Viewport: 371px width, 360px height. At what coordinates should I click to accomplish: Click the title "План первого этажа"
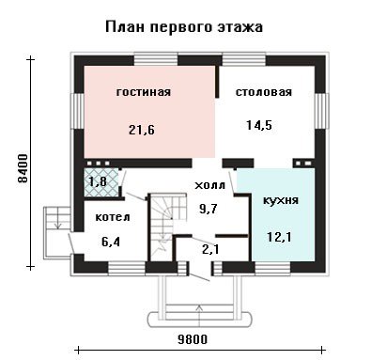(184, 26)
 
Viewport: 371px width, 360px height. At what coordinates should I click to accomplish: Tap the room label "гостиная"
(144, 92)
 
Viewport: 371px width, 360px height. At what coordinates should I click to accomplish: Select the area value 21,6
(142, 129)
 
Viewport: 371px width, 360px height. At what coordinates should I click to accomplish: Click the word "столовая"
(264, 92)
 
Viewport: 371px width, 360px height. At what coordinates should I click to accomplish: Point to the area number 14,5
(259, 125)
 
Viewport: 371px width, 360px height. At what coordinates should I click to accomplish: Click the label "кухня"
(281, 200)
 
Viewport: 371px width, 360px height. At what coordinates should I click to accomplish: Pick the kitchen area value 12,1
(279, 237)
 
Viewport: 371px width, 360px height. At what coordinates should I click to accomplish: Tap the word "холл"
(209, 185)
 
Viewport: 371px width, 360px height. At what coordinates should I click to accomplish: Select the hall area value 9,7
(209, 208)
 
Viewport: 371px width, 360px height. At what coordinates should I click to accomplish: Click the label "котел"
(113, 217)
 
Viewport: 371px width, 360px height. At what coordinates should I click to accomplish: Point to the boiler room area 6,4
(111, 242)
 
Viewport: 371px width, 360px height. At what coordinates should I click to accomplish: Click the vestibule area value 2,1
(210, 249)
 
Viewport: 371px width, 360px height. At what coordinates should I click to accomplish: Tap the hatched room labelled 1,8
(100, 182)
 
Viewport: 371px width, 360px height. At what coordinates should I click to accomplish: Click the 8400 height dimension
(23, 168)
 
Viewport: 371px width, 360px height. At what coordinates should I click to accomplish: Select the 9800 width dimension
(193, 339)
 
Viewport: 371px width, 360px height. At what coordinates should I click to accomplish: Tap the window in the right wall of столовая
(321, 111)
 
